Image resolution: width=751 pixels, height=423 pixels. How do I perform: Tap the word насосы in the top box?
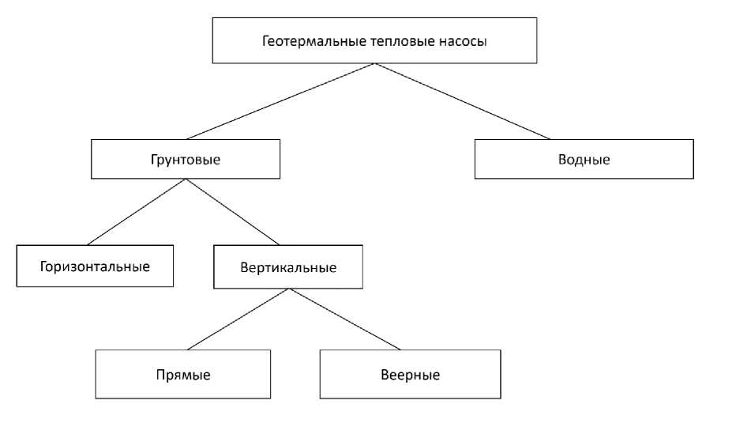tap(462, 41)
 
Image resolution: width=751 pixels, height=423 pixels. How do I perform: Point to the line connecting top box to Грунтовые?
tap(280, 101)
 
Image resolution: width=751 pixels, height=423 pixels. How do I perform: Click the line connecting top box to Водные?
tap(467, 101)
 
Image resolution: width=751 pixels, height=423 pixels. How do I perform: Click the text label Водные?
tap(584, 159)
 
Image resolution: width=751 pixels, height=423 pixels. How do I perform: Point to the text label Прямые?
tap(183, 374)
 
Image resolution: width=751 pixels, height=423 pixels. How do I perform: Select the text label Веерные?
tap(410, 374)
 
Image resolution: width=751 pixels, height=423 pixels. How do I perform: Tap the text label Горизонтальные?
tap(95, 266)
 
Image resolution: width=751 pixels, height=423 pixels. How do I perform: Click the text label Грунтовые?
tap(185, 159)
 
